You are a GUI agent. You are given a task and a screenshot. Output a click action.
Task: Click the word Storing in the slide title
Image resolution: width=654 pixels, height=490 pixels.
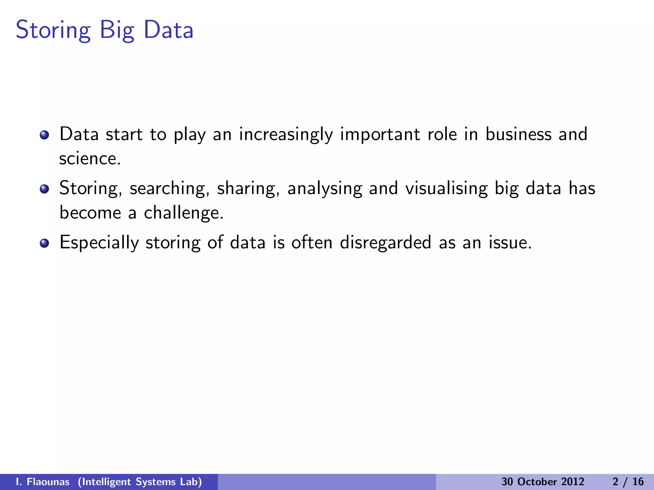(x=53, y=30)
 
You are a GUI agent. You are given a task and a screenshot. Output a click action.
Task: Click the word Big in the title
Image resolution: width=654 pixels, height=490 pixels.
(x=117, y=30)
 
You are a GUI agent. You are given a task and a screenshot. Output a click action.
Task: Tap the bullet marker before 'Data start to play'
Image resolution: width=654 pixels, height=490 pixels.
(x=44, y=135)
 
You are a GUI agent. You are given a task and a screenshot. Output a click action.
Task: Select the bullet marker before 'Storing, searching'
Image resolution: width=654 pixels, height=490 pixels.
(x=44, y=189)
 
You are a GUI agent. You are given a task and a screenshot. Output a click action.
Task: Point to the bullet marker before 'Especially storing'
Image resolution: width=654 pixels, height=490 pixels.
(x=44, y=243)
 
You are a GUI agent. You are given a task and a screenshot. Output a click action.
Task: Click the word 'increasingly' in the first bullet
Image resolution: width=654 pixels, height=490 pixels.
(x=286, y=134)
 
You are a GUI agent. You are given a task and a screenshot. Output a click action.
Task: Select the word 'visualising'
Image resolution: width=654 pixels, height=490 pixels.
(x=446, y=188)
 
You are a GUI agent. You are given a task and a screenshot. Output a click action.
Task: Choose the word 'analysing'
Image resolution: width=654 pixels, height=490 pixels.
(x=324, y=188)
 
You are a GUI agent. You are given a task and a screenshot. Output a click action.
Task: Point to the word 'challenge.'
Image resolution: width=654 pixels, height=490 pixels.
(x=184, y=213)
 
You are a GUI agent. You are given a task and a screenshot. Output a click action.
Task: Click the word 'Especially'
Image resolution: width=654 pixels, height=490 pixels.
(x=99, y=242)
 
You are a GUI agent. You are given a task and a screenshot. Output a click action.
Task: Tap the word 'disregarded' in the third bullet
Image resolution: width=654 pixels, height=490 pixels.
(x=385, y=242)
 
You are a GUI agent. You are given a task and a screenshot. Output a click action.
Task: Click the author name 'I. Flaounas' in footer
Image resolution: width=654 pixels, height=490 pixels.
(x=42, y=482)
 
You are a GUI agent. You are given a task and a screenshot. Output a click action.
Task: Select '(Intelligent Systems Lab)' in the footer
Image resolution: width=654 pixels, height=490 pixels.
(x=140, y=482)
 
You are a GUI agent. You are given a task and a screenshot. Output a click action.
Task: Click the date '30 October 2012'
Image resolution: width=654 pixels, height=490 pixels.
(x=543, y=482)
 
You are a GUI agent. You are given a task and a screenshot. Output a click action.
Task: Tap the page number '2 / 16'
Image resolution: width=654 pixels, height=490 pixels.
(x=628, y=482)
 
